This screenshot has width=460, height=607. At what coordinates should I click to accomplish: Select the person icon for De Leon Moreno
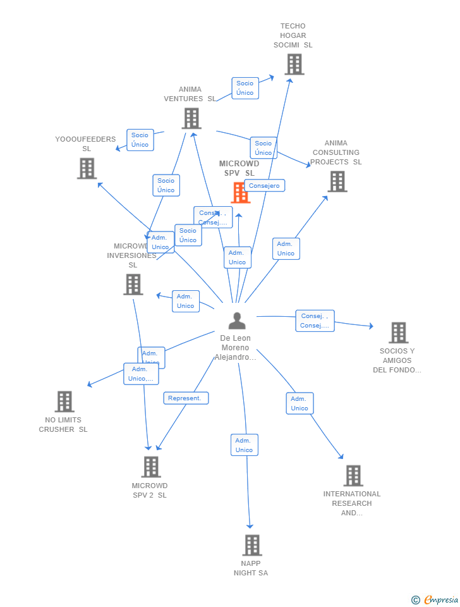[x=237, y=321]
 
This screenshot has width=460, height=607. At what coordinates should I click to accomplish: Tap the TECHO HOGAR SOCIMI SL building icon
[x=294, y=64]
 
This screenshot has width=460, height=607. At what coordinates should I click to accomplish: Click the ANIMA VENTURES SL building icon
[x=191, y=118]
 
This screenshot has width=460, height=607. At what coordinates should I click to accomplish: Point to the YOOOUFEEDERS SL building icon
[x=87, y=168]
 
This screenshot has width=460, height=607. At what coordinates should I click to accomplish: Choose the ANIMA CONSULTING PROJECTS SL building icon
[x=337, y=181]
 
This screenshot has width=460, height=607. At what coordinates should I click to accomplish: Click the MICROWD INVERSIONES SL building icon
[x=133, y=285]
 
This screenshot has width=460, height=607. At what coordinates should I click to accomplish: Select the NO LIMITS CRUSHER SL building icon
[x=64, y=402]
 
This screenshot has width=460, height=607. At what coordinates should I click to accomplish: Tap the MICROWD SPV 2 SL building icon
[x=150, y=467]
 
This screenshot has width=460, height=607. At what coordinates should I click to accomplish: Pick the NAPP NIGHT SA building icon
[x=251, y=545]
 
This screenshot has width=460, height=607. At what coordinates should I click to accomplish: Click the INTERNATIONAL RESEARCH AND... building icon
[x=353, y=475]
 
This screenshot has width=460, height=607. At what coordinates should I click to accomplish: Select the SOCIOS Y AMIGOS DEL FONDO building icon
[x=398, y=333]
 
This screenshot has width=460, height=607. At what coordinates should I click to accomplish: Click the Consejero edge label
[x=264, y=185]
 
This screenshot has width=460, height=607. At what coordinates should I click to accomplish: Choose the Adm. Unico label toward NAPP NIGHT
[x=244, y=445]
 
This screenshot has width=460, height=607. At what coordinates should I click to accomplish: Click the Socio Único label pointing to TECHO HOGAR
[x=245, y=88]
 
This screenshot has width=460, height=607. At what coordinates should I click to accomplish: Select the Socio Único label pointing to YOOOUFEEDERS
[x=140, y=140]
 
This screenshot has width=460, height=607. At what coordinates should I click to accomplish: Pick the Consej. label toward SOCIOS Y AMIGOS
[x=315, y=321]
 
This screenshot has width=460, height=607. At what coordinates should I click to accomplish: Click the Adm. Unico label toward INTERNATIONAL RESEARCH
[x=300, y=403]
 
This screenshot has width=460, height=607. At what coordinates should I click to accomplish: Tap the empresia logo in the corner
[x=435, y=599]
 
